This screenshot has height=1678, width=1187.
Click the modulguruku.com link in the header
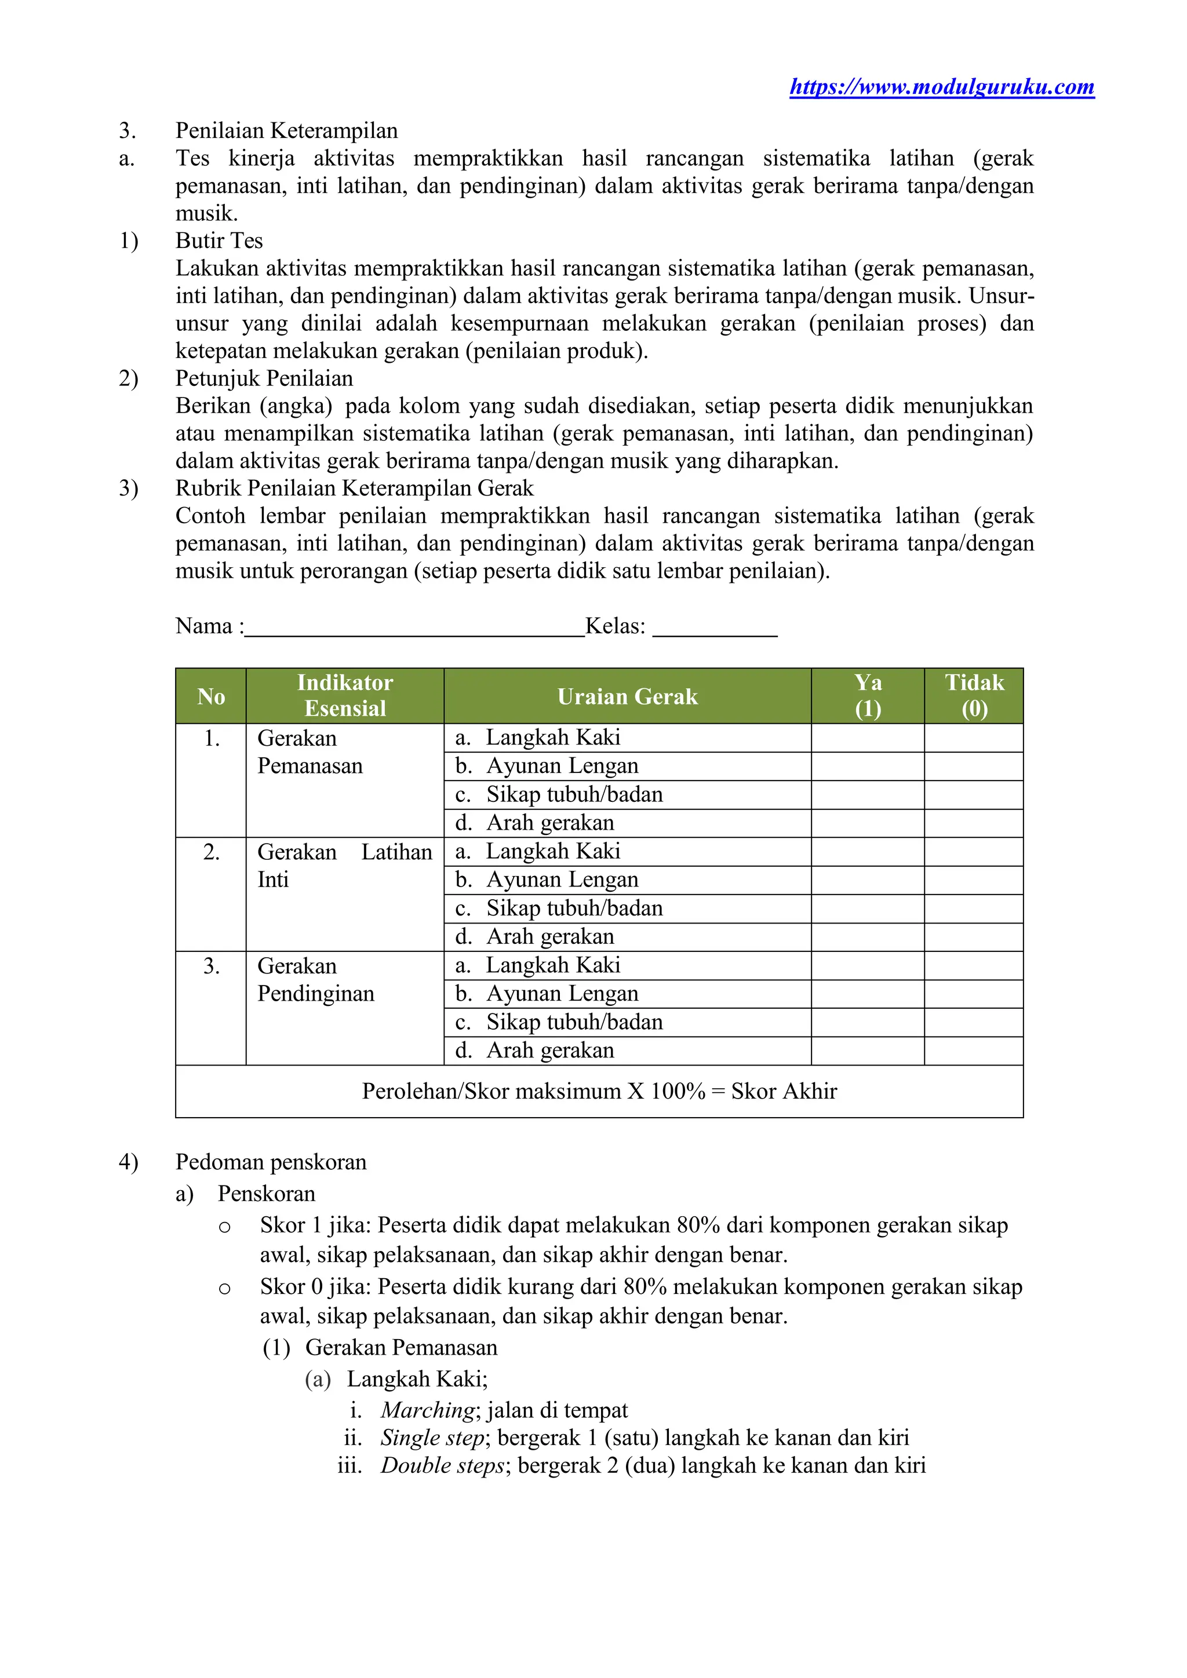click(941, 87)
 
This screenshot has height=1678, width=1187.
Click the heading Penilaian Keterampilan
click(286, 131)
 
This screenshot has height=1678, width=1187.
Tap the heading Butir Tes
click(219, 240)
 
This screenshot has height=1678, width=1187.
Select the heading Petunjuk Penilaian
click(264, 378)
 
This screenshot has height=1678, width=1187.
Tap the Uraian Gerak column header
click(627, 696)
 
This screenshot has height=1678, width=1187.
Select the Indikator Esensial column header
click(345, 696)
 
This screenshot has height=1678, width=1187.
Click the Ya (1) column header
click(868, 696)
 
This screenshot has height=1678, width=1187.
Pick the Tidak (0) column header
click(974, 696)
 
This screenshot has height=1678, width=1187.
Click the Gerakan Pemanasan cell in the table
click(310, 752)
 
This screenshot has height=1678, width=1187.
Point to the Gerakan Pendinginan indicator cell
click(316, 979)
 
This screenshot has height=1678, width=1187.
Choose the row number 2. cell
click(211, 852)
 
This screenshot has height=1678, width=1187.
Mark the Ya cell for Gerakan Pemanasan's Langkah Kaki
click(868, 738)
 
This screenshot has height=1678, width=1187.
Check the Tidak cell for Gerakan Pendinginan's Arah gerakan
click(974, 1051)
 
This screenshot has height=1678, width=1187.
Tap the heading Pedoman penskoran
click(271, 1162)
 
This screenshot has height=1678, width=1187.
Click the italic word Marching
click(428, 1410)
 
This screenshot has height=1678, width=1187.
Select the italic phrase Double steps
click(442, 1465)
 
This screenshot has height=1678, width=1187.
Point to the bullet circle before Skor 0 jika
click(224, 1289)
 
